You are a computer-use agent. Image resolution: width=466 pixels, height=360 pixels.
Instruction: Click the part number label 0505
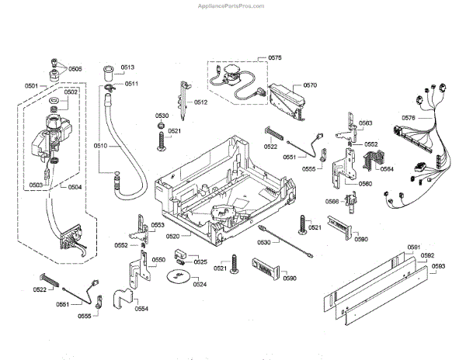click(x=75, y=68)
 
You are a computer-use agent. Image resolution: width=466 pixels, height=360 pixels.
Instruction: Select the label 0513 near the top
click(x=128, y=67)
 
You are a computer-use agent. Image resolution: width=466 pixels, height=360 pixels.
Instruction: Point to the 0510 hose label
click(x=101, y=145)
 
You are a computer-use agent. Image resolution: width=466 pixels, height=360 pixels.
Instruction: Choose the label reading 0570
click(x=311, y=85)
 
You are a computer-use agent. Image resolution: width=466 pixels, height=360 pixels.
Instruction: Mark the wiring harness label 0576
click(x=409, y=118)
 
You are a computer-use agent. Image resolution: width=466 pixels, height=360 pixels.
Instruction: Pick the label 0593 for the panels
click(x=438, y=266)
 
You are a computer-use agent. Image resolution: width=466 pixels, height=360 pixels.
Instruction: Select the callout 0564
click(x=387, y=169)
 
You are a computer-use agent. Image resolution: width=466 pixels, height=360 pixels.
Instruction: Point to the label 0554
click(x=141, y=309)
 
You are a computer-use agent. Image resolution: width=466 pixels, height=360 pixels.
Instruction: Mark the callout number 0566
click(x=332, y=202)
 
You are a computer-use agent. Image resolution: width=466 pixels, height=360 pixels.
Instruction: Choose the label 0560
click(x=365, y=184)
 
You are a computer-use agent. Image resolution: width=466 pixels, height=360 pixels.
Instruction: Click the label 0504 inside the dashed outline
click(x=75, y=186)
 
